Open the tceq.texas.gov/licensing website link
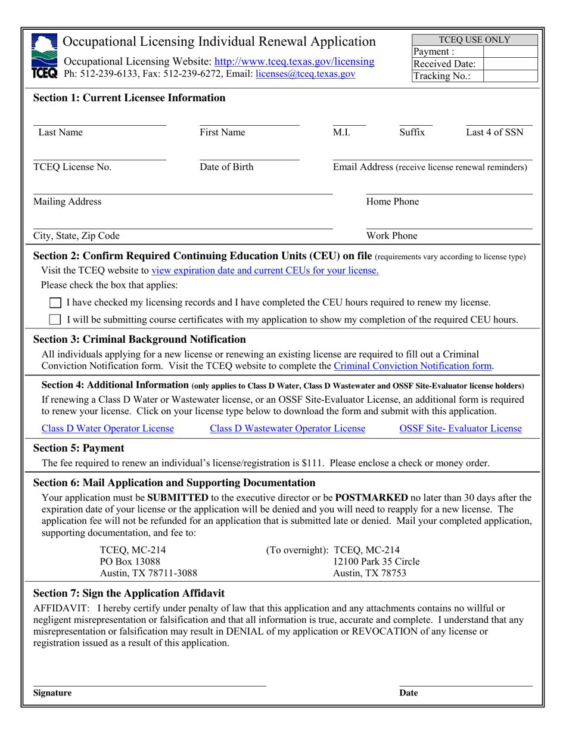pyautogui.click(x=294, y=61)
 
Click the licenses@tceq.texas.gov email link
pyautogui.click(x=305, y=74)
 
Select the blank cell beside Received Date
pyautogui.click(x=510, y=64)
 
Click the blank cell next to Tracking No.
pyautogui.click(x=510, y=76)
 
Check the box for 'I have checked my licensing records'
pyautogui.click(x=55, y=303)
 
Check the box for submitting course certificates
pyautogui.click(x=55, y=319)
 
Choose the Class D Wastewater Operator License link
pyautogui.click(x=288, y=428)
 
